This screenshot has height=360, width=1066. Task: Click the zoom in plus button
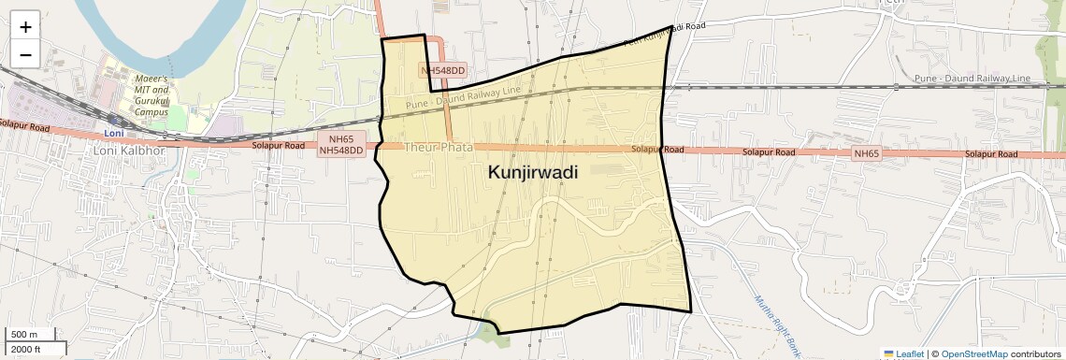[x=25, y=27]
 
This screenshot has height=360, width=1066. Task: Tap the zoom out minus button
[x=25, y=55]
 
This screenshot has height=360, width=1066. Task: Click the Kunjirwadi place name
[x=532, y=173]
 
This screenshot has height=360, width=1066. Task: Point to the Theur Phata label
[x=439, y=148]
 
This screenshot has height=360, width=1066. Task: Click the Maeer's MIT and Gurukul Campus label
[x=151, y=96]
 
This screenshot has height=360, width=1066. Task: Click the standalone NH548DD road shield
[x=443, y=70]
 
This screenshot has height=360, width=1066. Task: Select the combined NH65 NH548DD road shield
[x=340, y=144]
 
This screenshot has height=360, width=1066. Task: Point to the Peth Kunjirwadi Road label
[x=663, y=35]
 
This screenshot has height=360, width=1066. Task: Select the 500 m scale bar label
[x=25, y=335]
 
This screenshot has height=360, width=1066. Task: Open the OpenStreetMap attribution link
[x=973, y=353]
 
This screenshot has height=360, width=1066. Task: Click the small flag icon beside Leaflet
[x=888, y=353]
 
